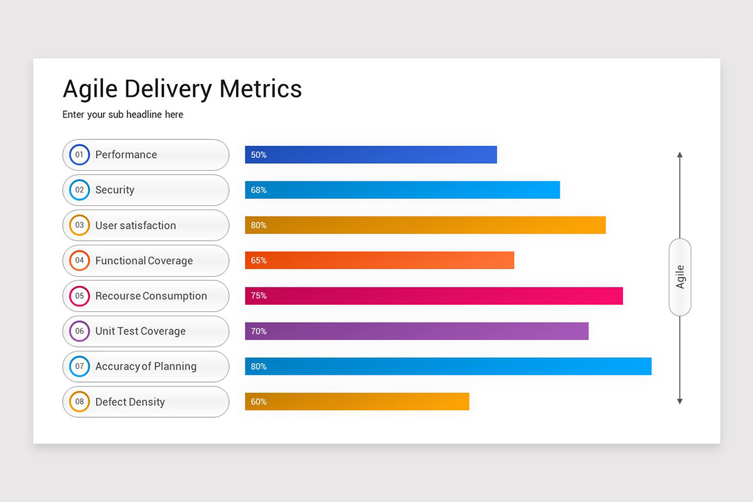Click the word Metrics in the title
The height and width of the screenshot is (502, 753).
point(260,89)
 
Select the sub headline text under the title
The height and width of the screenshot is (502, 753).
point(123,115)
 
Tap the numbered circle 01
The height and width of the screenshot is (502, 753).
point(80,154)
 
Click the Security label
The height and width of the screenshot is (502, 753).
point(115,190)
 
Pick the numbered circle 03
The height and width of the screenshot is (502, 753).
point(80,225)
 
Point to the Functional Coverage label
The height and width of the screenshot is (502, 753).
point(144,261)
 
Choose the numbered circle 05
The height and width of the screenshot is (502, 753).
point(80,296)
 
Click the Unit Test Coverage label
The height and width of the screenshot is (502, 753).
point(141,331)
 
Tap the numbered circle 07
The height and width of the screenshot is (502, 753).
point(80,366)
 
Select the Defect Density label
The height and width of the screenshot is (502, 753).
point(130,402)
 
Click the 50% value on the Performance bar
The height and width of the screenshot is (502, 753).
point(259,155)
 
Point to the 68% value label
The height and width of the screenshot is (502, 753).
point(259,190)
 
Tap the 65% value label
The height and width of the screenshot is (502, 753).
point(259,260)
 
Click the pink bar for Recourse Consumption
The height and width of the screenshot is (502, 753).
point(439,296)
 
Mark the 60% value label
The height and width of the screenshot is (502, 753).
point(259,402)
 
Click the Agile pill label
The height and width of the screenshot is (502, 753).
point(680,277)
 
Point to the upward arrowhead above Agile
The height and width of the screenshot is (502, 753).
point(680,154)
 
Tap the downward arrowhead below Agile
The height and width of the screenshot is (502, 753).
point(680,401)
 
